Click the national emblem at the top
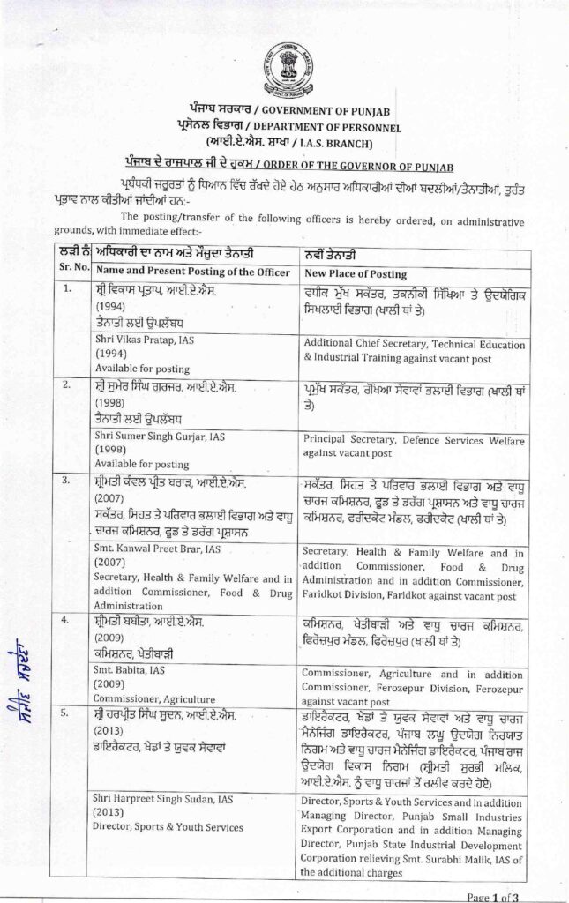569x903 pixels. [284, 64]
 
